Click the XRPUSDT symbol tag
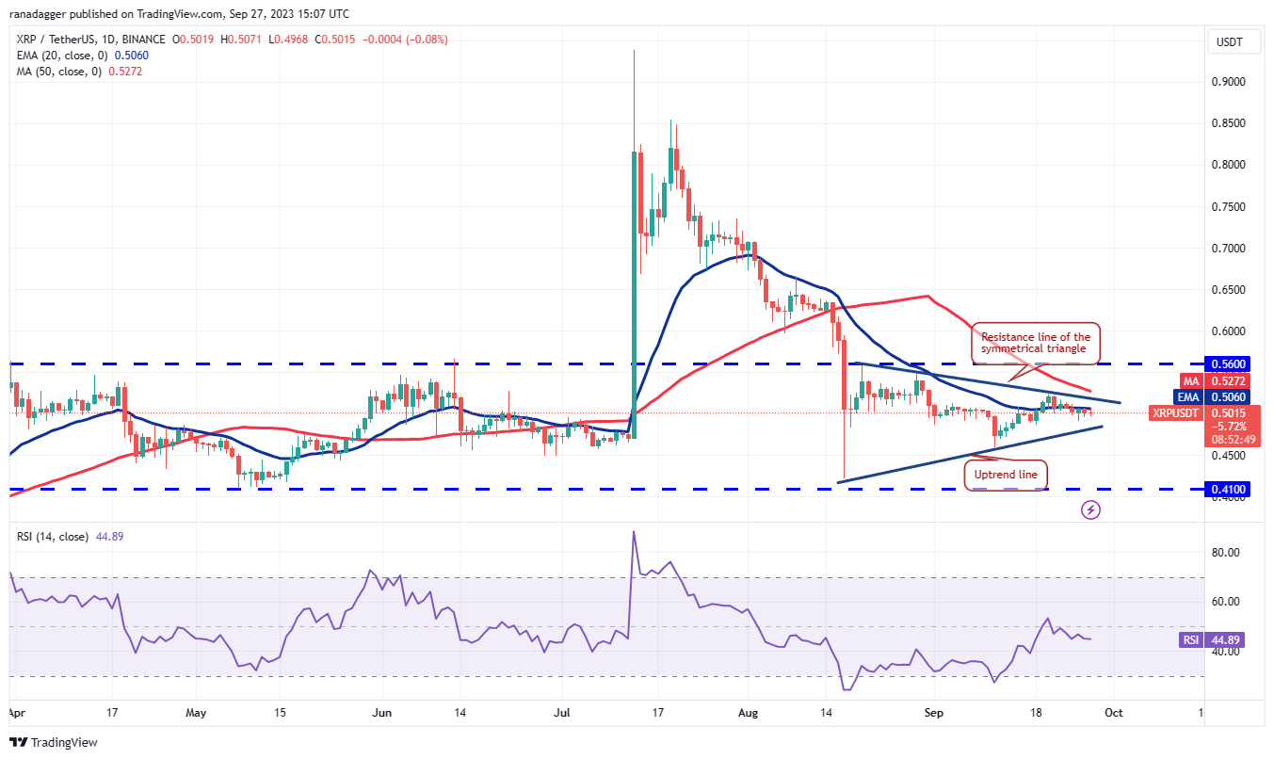(x=1176, y=412)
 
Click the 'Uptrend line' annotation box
(x=1007, y=475)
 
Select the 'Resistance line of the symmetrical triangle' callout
(x=1036, y=343)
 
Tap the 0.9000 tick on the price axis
(x=1228, y=82)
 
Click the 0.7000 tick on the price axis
(x=1228, y=249)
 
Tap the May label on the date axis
(x=195, y=714)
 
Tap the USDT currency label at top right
(x=1230, y=41)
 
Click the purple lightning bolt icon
(x=1090, y=509)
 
